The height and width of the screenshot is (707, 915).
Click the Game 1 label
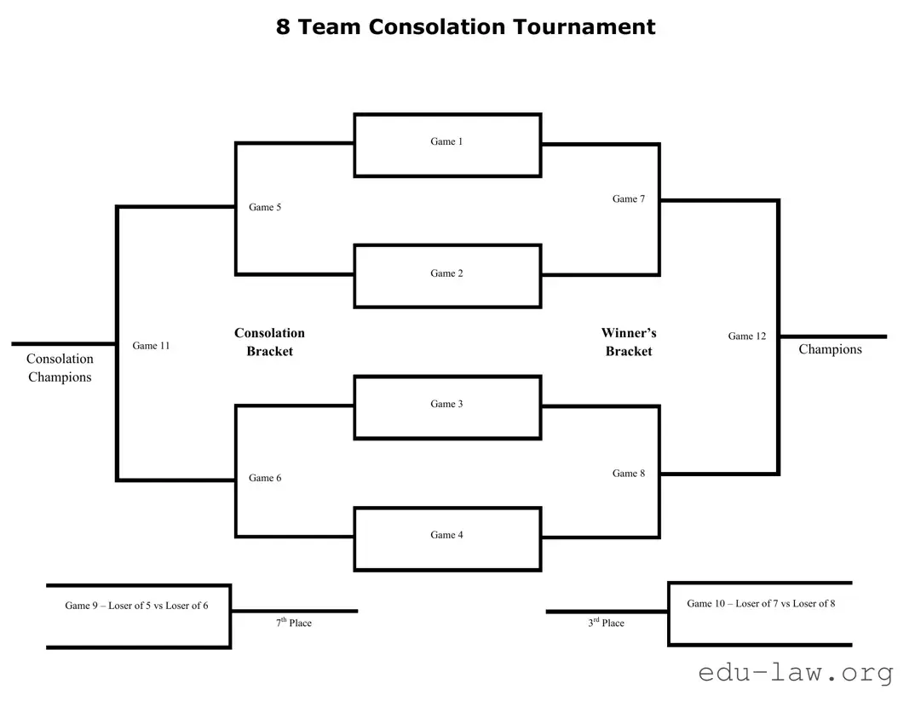click(x=446, y=141)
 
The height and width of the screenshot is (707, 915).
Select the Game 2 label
click(x=446, y=273)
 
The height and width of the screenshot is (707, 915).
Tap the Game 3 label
click(x=446, y=404)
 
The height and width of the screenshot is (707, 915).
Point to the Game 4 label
click(x=446, y=535)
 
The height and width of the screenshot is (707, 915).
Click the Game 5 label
click(x=265, y=207)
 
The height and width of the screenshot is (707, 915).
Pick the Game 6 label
click(x=265, y=478)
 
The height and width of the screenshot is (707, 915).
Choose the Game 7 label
click(x=629, y=198)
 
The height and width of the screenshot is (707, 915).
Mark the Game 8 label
click(x=629, y=473)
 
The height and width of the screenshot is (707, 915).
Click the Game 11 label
click(x=151, y=346)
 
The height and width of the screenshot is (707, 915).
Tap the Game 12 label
click(x=746, y=336)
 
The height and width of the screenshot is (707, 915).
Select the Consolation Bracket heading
click(x=269, y=342)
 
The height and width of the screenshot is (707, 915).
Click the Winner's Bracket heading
click(x=629, y=342)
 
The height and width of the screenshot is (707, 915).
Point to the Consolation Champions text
click(x=60, y=368)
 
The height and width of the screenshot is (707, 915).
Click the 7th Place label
click(x=294, y=623)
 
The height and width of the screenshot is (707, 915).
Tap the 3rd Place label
click(x=606, y=623)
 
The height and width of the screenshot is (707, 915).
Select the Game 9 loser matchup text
click(x=136, y=606)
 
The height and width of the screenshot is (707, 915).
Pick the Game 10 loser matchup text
click(x=761, y=603)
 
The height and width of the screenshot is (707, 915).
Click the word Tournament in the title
click(x=584, y=26)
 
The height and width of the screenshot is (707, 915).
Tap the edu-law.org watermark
click(x=795, y=673)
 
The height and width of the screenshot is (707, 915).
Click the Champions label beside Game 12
click(x=830, y=349)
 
